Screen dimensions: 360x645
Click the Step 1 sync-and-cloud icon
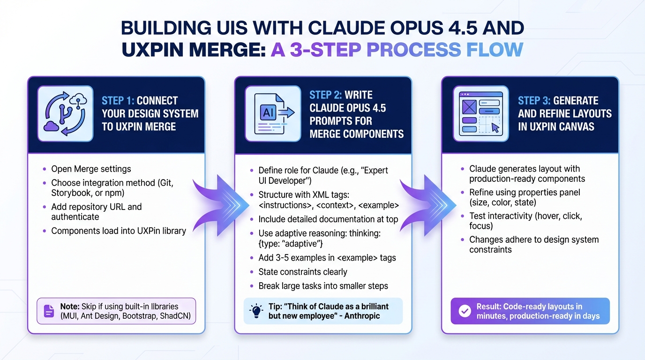(65, 113)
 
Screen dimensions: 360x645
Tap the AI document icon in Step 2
(273, 113)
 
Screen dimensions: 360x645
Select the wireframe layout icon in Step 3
(480, 113)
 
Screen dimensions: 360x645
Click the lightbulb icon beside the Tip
(257, 311)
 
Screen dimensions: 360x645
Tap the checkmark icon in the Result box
(465, 311)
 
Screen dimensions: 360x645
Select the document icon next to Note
(49, 311)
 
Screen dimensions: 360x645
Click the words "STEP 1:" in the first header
(118, 101)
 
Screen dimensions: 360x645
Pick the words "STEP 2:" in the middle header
(327, 95)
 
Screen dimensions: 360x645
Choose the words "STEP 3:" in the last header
(534, 101)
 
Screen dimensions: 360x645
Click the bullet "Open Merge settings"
(91, 169)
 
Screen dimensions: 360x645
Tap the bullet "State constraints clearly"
(303, 272)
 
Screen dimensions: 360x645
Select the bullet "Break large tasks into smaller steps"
(323, 286)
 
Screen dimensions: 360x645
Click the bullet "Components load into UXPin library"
(118, 231)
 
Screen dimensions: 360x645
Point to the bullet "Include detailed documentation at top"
(328, 219)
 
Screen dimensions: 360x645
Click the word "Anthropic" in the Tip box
(362, 316)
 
